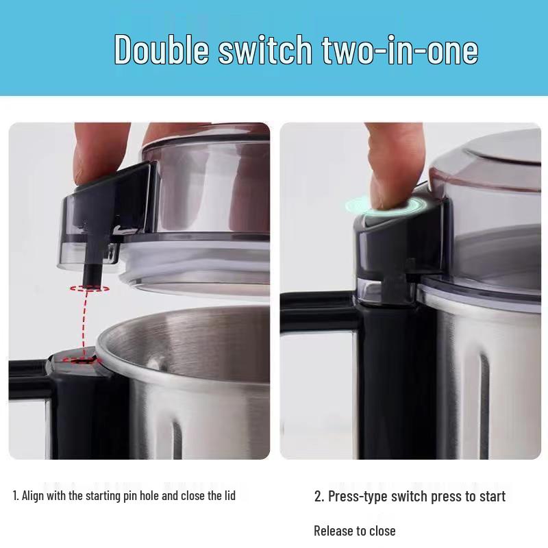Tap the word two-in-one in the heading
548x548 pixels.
(x=395, y=49)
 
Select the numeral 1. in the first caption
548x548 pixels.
(x=16, y=495)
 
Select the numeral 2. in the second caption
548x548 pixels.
(x=319, y=497)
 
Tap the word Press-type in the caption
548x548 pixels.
(x=358, y=497)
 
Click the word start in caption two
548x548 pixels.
(x=490, y=497)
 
